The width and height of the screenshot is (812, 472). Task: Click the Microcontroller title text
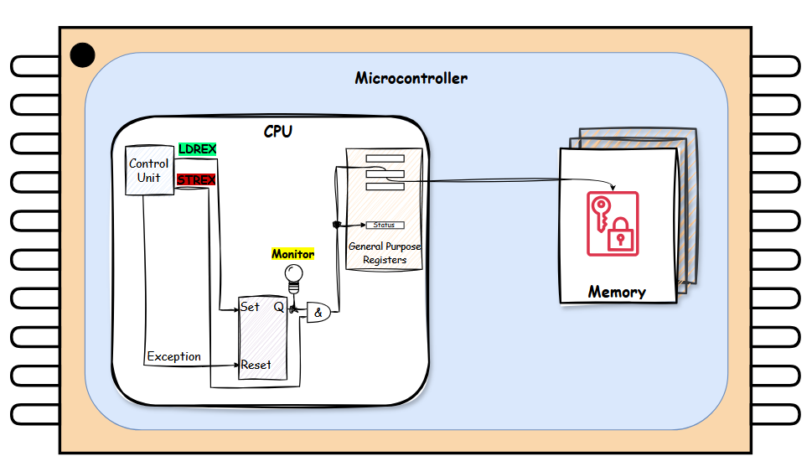tap(411, 79)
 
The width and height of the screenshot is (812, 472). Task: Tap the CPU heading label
tap(278, 132)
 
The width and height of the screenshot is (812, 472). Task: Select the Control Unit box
tap(148, 171)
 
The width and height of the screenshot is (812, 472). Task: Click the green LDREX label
tap(197, 148)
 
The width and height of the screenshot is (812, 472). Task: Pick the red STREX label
tap(196, 179)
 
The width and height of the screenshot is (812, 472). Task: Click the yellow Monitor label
tap(292, 254)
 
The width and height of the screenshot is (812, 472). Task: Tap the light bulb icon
tap(293, 274)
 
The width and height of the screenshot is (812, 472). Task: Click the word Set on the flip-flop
tap(250, 307)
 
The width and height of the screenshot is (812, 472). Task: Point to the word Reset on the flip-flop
tap(255, 365)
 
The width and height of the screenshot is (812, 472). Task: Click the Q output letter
tap(278, 307)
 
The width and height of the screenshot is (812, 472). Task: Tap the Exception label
tap(173, 356)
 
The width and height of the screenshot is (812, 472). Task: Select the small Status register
tap(385, 225)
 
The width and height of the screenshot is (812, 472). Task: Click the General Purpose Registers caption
tap(385, 253)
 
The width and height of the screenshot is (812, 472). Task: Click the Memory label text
tap(617, 292)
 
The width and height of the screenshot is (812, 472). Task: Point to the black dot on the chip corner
tap(82, 55)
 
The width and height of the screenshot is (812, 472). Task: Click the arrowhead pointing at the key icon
tap(616, 187)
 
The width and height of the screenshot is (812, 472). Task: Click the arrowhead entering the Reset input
tap(236, 366)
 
